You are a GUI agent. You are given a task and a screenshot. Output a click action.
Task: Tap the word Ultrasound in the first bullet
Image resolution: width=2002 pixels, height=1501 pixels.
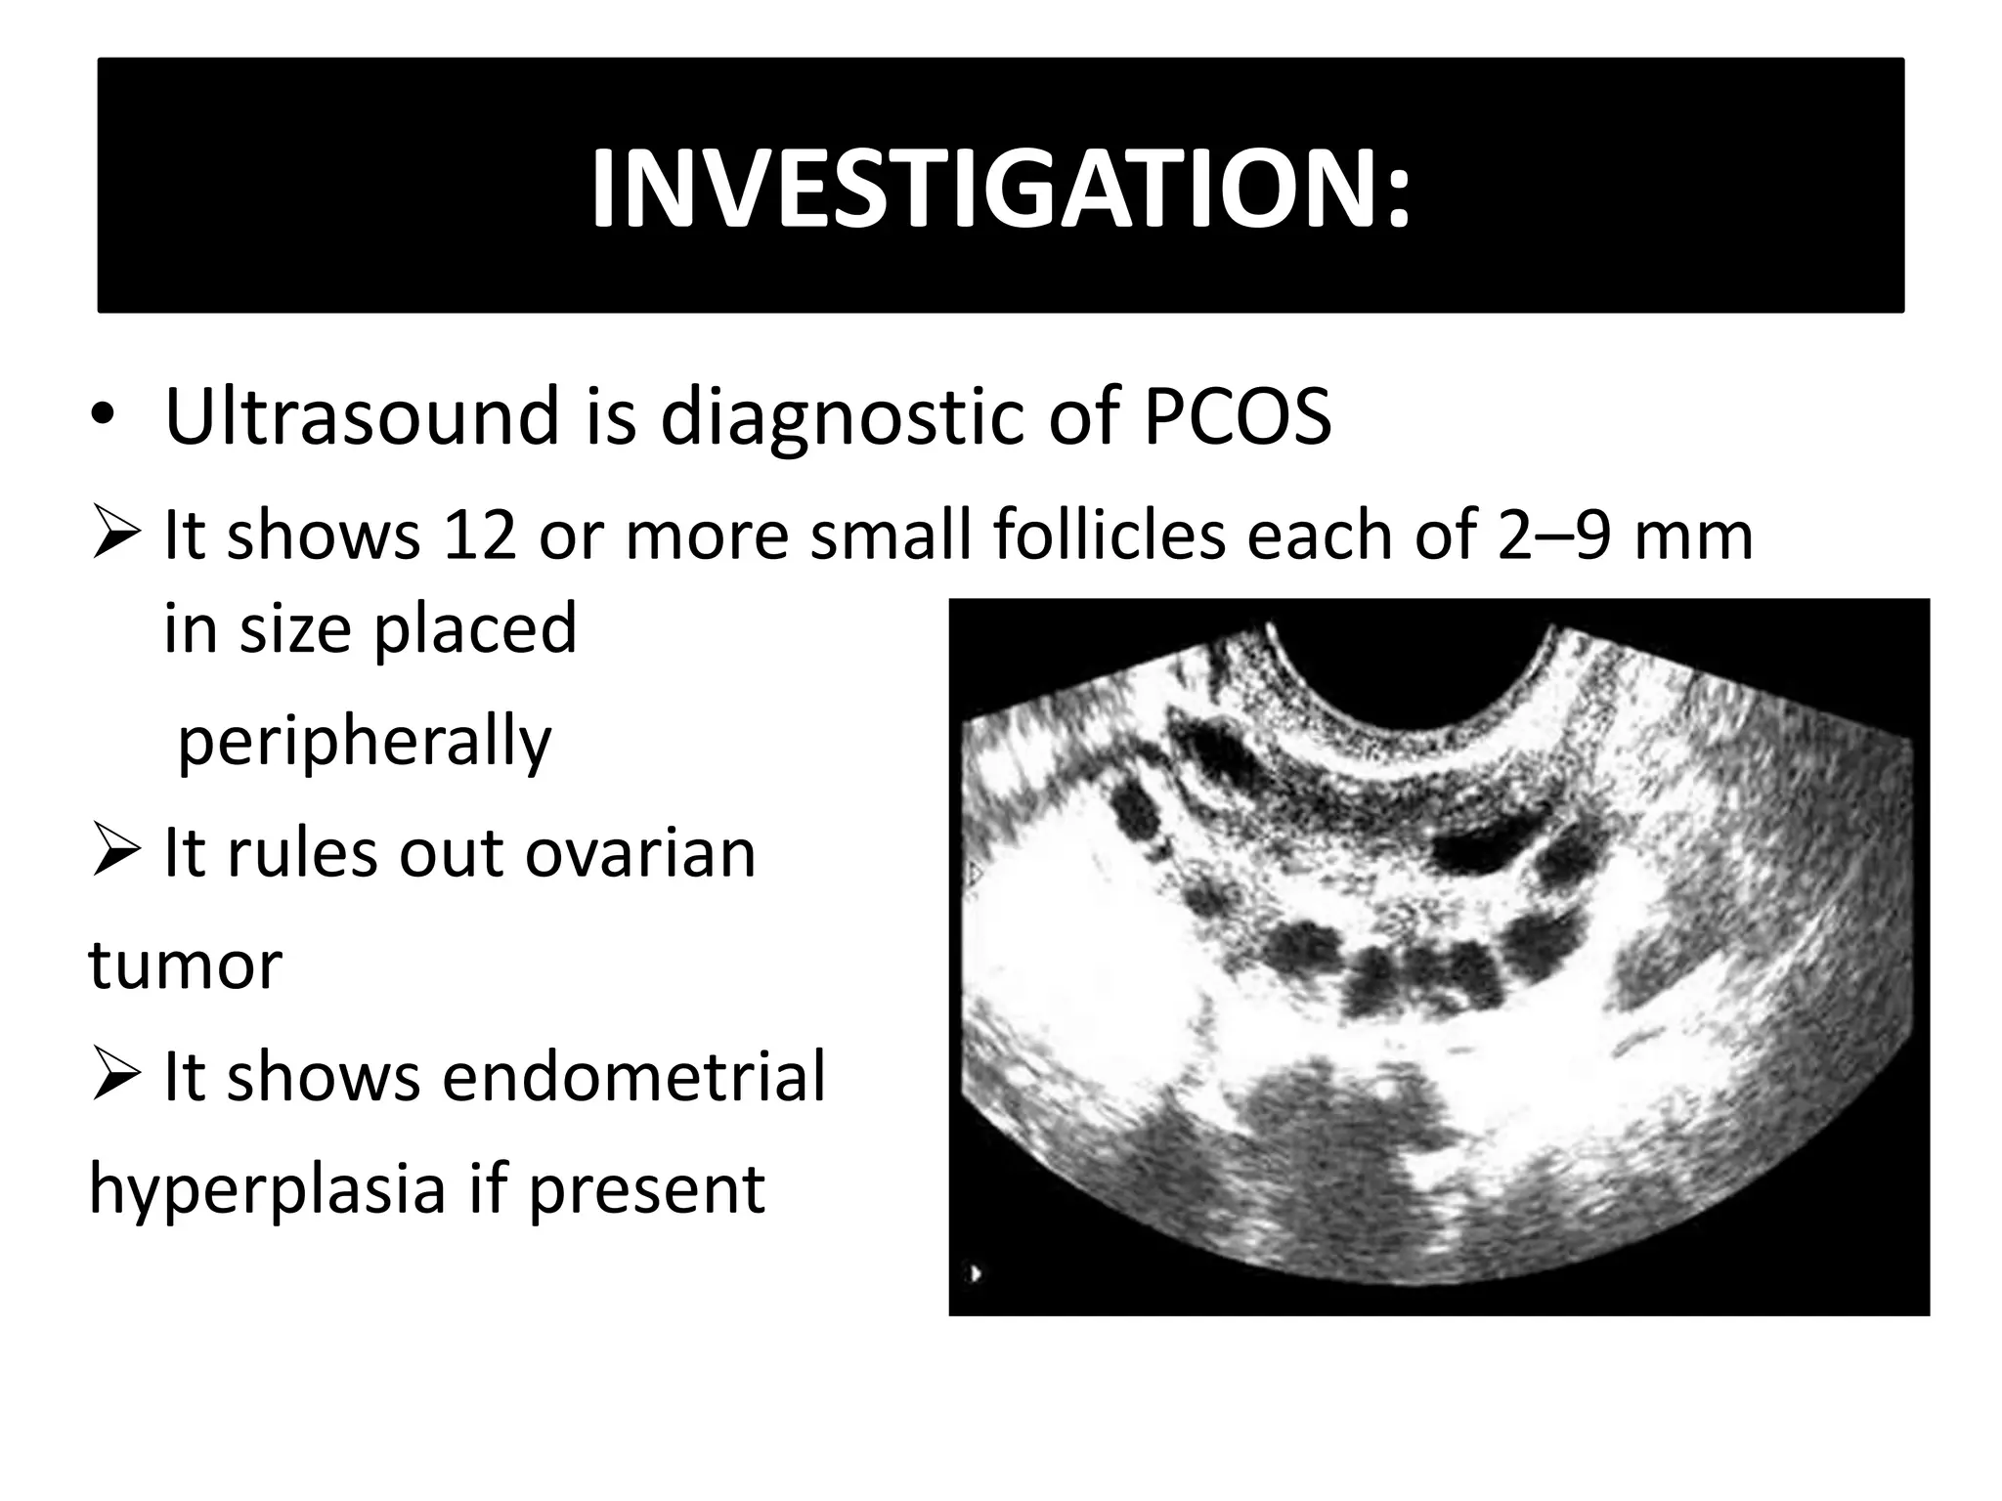click(x=362, y=416)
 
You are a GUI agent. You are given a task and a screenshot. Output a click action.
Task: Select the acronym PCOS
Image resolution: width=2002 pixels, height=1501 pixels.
click(x=1237, y=416)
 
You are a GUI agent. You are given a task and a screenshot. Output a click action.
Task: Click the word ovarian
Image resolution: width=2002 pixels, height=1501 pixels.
click(x=640, y=853)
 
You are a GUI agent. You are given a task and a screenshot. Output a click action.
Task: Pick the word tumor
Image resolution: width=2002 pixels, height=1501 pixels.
click(x=186, y=965)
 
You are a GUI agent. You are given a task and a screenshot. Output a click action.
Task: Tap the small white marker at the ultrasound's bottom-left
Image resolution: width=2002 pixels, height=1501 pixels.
click(x=976, y=1274)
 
